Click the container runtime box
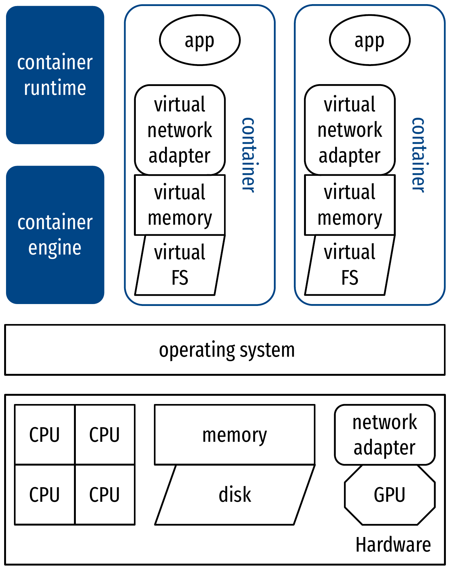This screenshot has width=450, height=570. click(x=55, y=75)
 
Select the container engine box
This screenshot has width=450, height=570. click(x=55, y=235)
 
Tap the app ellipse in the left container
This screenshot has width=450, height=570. click(x=200, y=40)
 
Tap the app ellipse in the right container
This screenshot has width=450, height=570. click(x=370, y=40)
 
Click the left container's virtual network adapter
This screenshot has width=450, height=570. click(x=180, y=130)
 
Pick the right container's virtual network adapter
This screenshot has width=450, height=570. click(x=350, y=130)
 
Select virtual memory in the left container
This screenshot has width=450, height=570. click(x=180, y=205)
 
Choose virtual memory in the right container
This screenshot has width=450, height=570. click(x=350, y=205)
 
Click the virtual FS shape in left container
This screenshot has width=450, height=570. click(x=180, y=265)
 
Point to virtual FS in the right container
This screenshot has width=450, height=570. click(x=350, y=265)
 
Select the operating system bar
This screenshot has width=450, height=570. click(x=225, y=350)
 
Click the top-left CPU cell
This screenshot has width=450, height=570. click(x=45, y=434)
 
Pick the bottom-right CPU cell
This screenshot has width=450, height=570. click(x=105, y=494)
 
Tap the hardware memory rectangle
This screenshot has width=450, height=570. click(x=235, y=434)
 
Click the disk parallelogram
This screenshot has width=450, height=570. click(x=235, y=494)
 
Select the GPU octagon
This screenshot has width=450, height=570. click(x=390, y=494)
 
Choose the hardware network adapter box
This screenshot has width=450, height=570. click(x=385, y=434)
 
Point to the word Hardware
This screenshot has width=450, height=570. click(x=393, y=545)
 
